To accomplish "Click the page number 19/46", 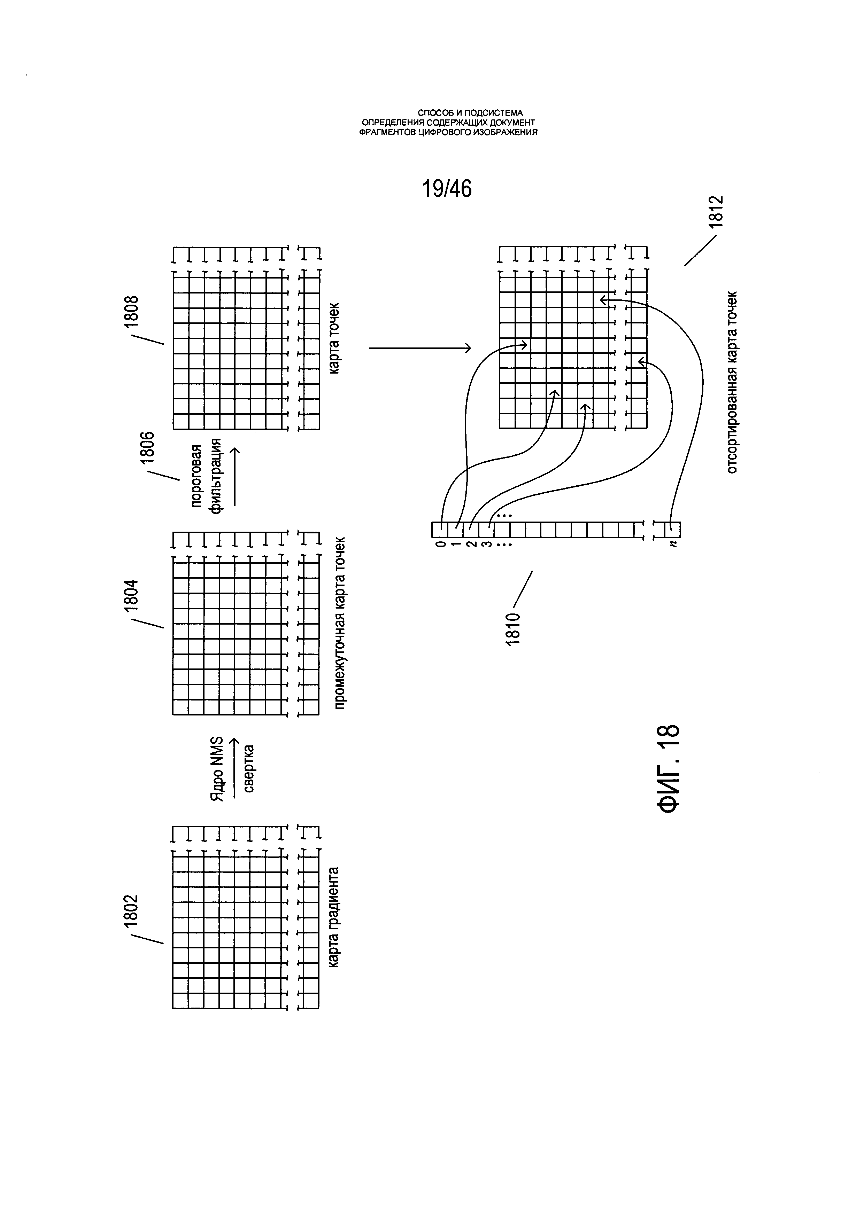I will (x=447, y=189).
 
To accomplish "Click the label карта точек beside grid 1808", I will (x=333, y=338).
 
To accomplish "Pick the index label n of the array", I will (x=673, y=544).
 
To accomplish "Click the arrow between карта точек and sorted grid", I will (x=420, y=348).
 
